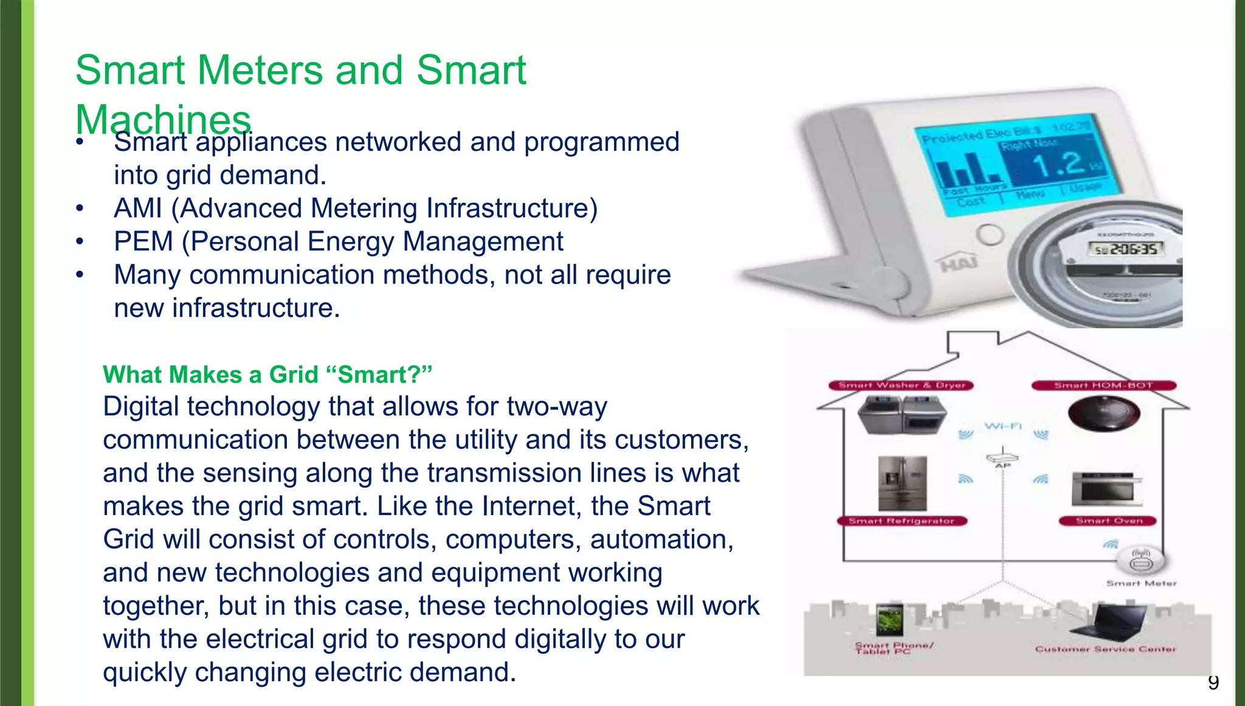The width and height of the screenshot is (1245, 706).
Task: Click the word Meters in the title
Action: (x=261, y=71)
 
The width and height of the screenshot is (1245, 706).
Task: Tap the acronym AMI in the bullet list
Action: (x=138, y=209)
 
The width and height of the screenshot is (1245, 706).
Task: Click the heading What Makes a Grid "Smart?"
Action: (x=267, y=375)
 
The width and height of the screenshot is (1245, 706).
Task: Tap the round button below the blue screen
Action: (x=989, y=235)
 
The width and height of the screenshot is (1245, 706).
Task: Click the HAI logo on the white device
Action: (x=959, y=263)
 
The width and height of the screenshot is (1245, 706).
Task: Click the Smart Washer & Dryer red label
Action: (x=902, y=386)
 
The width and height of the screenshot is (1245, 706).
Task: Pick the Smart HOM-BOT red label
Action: (x=1103, y=386)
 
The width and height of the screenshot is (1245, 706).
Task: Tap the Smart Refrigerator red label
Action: (x=902, y=521)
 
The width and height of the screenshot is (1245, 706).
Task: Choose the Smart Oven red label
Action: (x=1108, y=521)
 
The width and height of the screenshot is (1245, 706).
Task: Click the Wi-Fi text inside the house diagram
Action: (x=1003, y=426)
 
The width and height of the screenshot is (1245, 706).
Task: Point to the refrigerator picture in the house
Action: (x=903, y=483)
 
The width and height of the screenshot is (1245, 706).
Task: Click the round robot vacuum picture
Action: (x=1103, y=414)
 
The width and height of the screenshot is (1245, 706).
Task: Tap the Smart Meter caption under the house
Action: (x=1141, y=583)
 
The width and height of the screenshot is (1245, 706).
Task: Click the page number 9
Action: (x=1213, y=683)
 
